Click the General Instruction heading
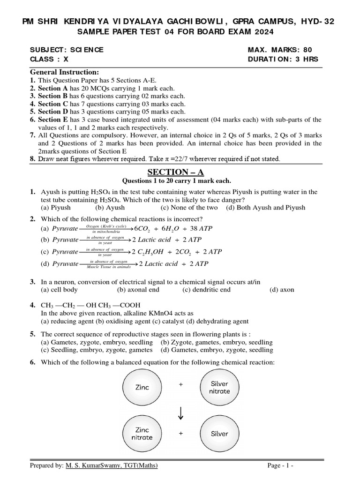tap(65, 72)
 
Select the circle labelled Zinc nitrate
tap(142, 434)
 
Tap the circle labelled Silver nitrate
tap(219, 387)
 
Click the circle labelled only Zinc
tap(142, 388)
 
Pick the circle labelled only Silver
tap(219, 434)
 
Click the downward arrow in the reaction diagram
tap(180, 411)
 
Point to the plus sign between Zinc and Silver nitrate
tap(180, 384)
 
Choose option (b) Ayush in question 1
tap(110, 207)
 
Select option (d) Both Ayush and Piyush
tap(265, 207)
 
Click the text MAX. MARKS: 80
tap(279, 50)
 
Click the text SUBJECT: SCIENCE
tap(67, 50)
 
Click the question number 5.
tap(33, 334)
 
